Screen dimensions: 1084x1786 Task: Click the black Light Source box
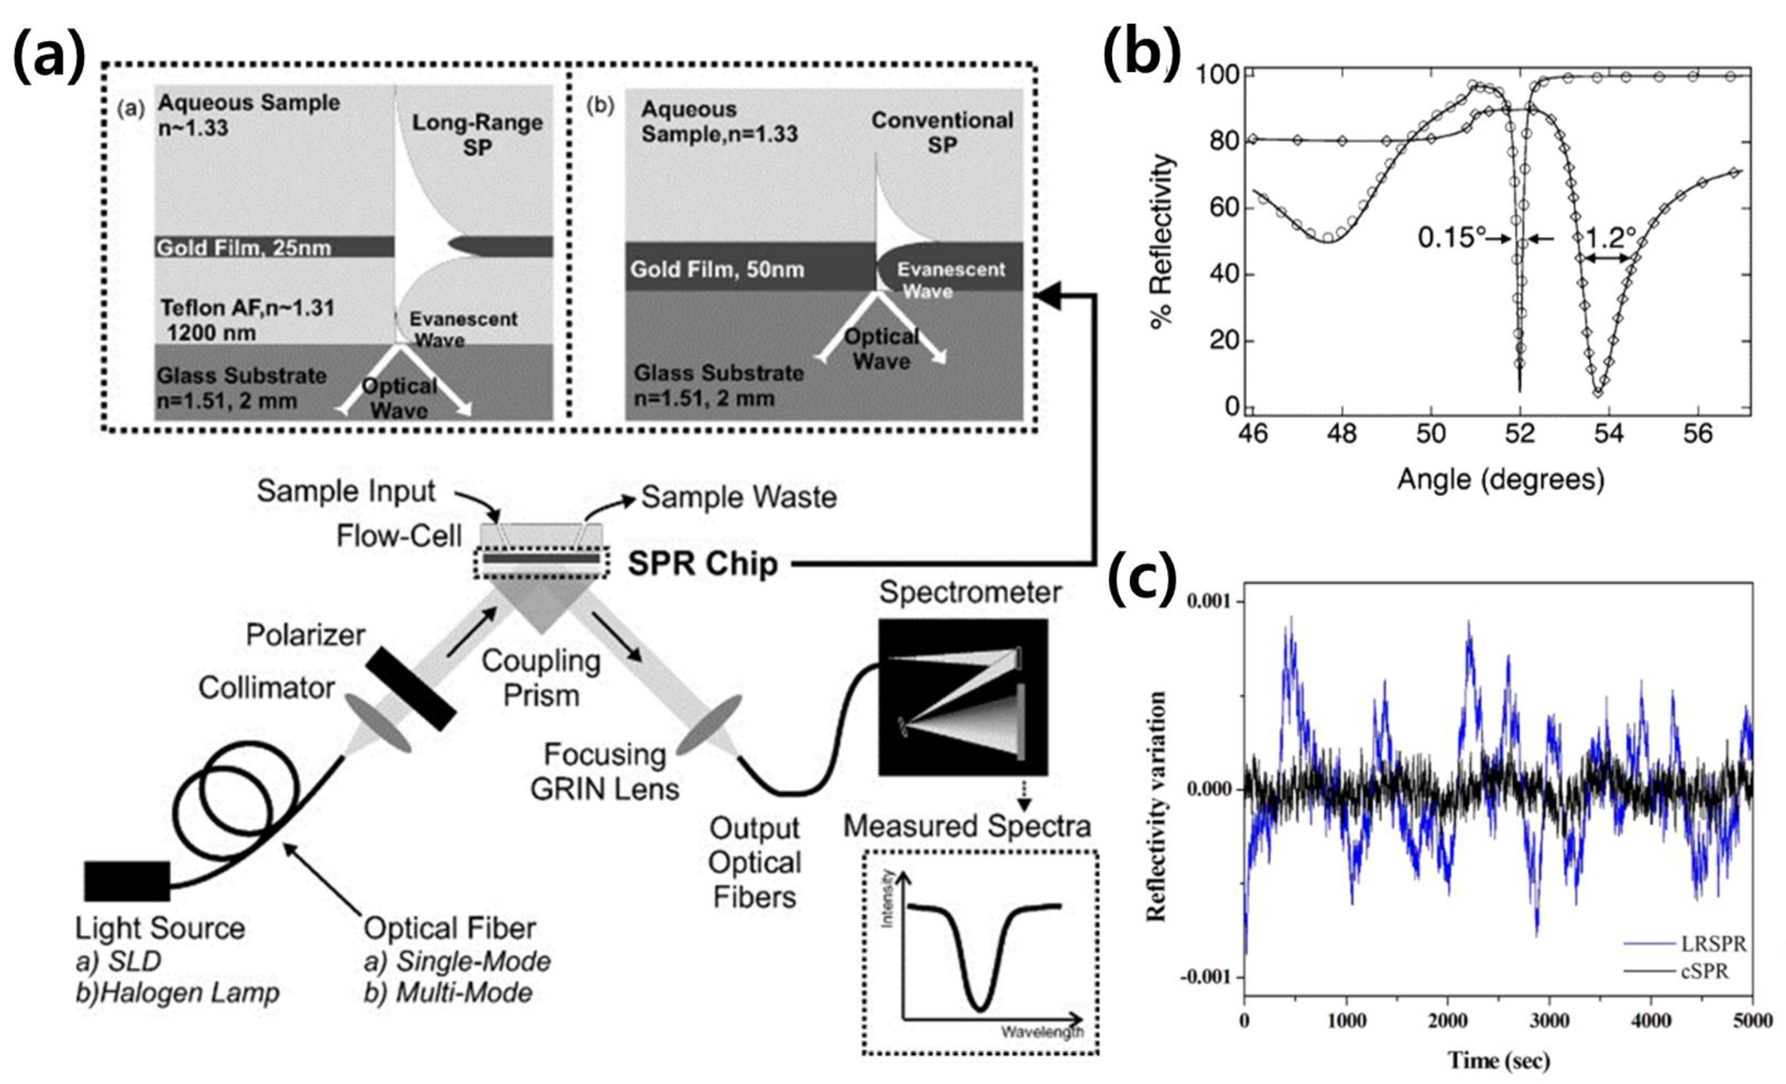pos(127,881)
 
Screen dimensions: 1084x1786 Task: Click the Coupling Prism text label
pos(541,678)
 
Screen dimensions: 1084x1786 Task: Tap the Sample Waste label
pos(738,498)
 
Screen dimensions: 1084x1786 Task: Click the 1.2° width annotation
pos(1610,236)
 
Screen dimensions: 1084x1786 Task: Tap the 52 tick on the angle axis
pos(1520,434)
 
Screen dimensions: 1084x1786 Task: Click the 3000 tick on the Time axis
pos(1549,1021)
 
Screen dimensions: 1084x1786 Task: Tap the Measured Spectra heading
pos(967,826)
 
